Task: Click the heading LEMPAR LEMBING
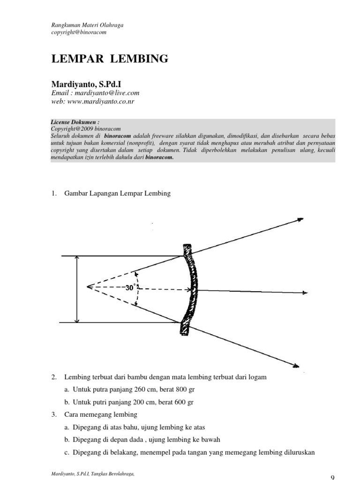pos(109,59)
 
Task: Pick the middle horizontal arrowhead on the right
pos(305,293)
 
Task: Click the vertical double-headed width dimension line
pos(76,289)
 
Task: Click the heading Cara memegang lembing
pos(101,414)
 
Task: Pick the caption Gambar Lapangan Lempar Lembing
pos(118,194)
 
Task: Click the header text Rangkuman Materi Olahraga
pos(87,25)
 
